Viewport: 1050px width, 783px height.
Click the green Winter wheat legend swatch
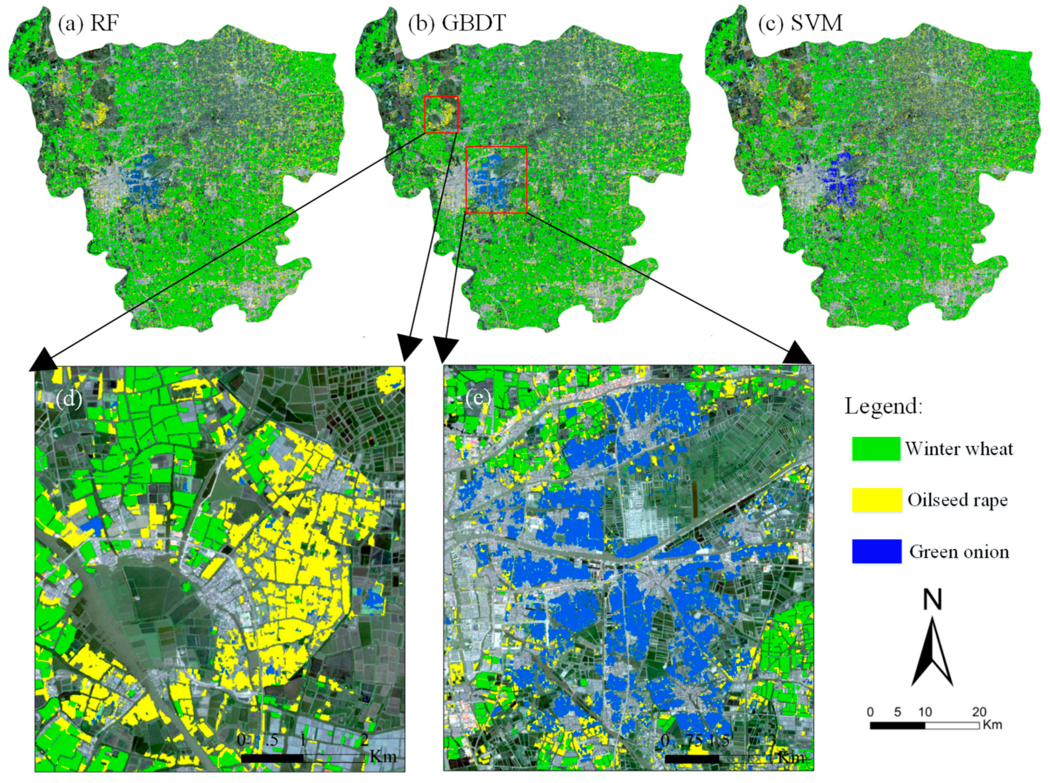876,449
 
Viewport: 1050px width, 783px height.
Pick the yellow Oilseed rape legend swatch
877,500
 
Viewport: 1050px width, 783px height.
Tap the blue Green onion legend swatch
877,551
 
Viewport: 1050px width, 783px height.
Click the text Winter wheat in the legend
959,449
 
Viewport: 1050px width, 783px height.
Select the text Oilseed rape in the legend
957,500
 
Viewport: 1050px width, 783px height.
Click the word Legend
884,407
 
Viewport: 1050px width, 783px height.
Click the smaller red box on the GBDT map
441,114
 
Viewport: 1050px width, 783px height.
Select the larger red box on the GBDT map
496,180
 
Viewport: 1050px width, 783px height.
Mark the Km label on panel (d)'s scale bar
383,756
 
